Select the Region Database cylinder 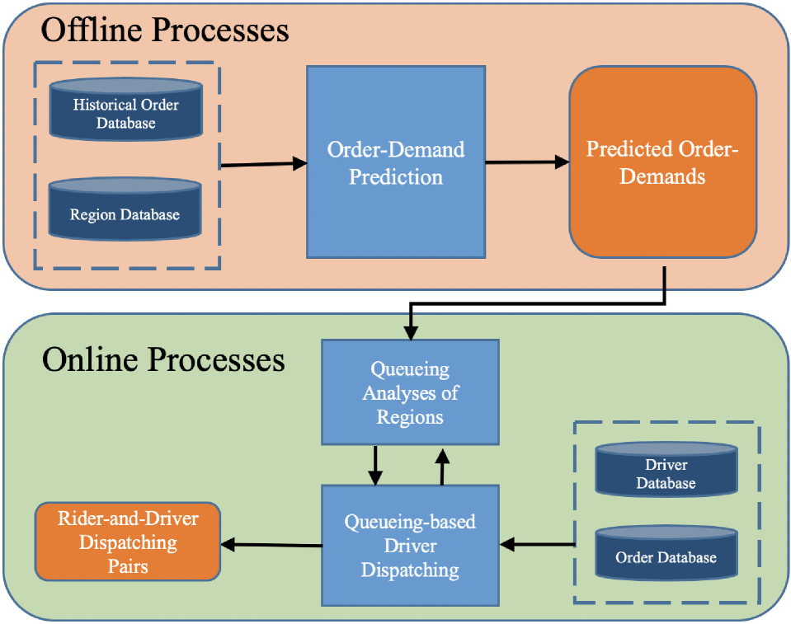coord(125,211)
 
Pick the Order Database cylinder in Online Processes coord(666,554)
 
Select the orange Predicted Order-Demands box coord(662,162)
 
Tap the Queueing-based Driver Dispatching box coord(410,545)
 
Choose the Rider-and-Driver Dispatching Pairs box coord(128,542)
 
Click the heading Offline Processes coord(165,30)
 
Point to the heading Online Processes coord(163,359)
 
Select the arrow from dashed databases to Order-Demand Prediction coord(264,165)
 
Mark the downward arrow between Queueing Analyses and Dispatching coord(375,466)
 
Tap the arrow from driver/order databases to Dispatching coord(536,544)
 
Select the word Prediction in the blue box coord(395,176)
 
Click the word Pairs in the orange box coord(127,566)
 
